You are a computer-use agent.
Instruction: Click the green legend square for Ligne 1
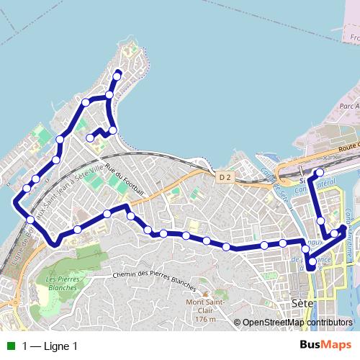[x=11, y=346]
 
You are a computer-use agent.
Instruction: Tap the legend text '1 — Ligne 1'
[x=50, y=346]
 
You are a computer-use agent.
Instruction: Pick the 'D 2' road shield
[x=225, y=176]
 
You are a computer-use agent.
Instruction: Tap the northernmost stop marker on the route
[x=117, y=74]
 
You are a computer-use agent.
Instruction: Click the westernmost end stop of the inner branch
[x=90, y=138]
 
